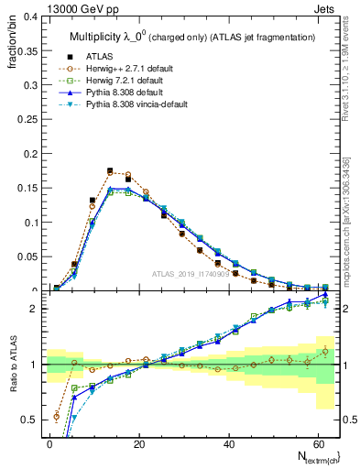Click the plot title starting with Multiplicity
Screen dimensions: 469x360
point(190,36)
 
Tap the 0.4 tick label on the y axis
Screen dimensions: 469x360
point(30,16)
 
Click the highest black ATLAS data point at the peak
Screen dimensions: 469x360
point(110,170)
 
